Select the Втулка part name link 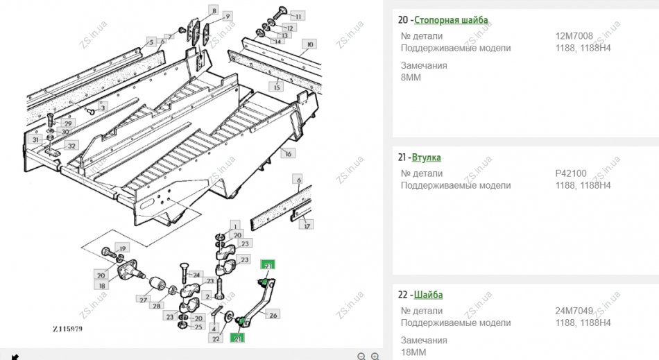tap(427, 157)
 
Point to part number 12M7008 tap(574, 36)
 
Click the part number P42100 tap(572, 173)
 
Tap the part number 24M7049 tap(574, 311)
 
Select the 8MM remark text tap(411, 77)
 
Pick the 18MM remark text tap(413, 352)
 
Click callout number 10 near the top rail tap(310, 44)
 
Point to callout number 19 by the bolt tap(122, 248)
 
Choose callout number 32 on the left tap(71, 146)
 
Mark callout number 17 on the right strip tap(307, 224)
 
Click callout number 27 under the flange tap(143, 300)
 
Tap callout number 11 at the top tap(298, 15)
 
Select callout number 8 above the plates tap(214, 10)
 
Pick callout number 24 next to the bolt tap(196, 275)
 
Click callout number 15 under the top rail tap(277, 87)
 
